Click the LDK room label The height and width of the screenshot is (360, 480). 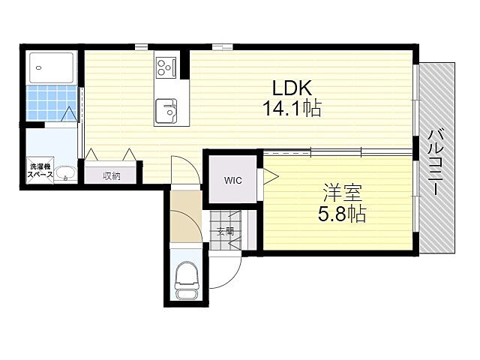[x=292, y=85]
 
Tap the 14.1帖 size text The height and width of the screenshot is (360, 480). [x=292, y=109]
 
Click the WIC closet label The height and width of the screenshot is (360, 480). [x=232, y=180]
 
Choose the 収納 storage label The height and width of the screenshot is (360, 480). [x=112, y=175]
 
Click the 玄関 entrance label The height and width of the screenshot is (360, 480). [x=226, y=232]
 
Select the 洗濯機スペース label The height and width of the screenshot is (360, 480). [x=40, y=170]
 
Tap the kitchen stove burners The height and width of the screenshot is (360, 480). [x=166, y=67]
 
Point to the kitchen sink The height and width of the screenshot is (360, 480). [x=166, y=112]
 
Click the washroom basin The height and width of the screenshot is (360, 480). [x=65, y=172]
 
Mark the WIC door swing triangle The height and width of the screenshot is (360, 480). [x=268, y=179]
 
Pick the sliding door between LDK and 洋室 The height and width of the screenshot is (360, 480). [x=337, y=152]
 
